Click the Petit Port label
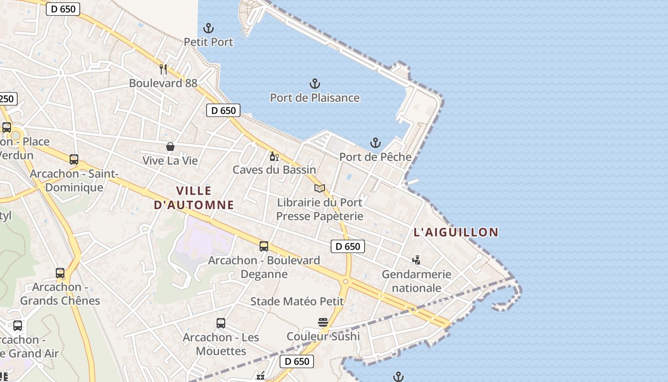point(209,42)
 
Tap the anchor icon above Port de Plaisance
point(314,84)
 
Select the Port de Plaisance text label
point(314,98)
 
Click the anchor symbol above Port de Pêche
point(376,143)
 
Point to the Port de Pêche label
point(375,157)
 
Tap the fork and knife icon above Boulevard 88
point(163,69)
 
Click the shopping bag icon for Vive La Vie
point(170,147)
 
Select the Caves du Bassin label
point(274,170)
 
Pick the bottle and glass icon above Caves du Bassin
point(274,156)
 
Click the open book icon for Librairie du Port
point(320,188)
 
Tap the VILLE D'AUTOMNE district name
point(194,198)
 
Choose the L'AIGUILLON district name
point(456,233)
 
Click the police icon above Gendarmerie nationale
point(416,260)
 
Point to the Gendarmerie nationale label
point(416,281)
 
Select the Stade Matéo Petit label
point(297,301)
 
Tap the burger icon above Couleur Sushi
point(323,322)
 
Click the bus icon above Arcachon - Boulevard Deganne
point(264,246)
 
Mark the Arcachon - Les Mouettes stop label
point(221,344)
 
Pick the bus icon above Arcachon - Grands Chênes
point(60,273)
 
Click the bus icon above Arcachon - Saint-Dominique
point(74,159)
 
